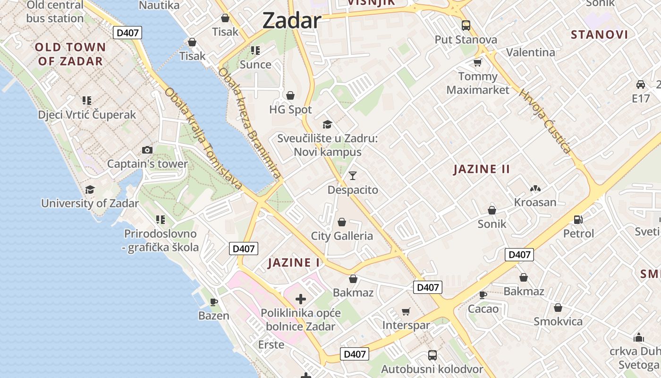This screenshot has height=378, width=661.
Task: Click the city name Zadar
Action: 291,21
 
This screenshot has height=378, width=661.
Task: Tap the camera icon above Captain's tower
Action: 147,150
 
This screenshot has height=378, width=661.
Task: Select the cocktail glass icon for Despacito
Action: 353,176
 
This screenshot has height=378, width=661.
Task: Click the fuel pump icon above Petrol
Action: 578,220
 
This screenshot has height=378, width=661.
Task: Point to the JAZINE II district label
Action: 482,169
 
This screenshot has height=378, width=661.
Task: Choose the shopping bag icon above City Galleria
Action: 342,222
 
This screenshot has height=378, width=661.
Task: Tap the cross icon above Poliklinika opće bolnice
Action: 301,299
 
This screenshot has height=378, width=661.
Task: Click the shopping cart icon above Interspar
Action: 406,311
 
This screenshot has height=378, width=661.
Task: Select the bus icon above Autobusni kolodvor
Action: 432,355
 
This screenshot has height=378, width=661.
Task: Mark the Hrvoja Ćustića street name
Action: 545,120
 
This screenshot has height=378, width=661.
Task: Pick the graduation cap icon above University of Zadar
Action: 90,190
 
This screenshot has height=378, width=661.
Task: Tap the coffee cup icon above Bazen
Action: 213,301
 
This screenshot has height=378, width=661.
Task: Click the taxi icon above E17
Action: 641,85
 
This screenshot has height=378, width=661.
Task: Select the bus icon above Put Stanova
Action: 466,26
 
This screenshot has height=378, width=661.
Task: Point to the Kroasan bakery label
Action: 535,202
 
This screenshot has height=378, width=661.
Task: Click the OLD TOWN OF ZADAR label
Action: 70,54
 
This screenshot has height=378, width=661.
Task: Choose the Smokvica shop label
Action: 558,322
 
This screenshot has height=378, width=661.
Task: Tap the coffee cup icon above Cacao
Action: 483,295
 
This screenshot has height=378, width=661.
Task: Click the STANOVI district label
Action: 599,34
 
